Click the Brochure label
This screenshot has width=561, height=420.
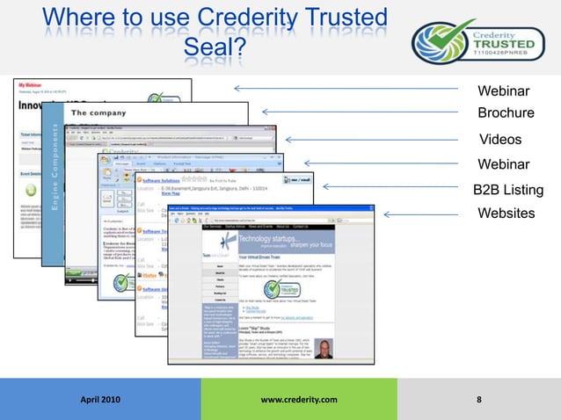(x=506, y=113)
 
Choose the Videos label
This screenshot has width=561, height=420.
(x=500, y=140)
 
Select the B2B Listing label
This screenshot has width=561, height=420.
(x=508, y=190)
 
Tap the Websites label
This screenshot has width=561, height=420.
(x=506, y=214)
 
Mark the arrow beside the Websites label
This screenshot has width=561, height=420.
(x=422, y=214)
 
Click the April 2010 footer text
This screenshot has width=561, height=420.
(x=101, y=401)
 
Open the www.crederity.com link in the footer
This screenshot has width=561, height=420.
(x=299, y=401)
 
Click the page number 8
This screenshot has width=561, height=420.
(x=478, y=401)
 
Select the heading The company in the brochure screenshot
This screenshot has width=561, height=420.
(x=104, y=113)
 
